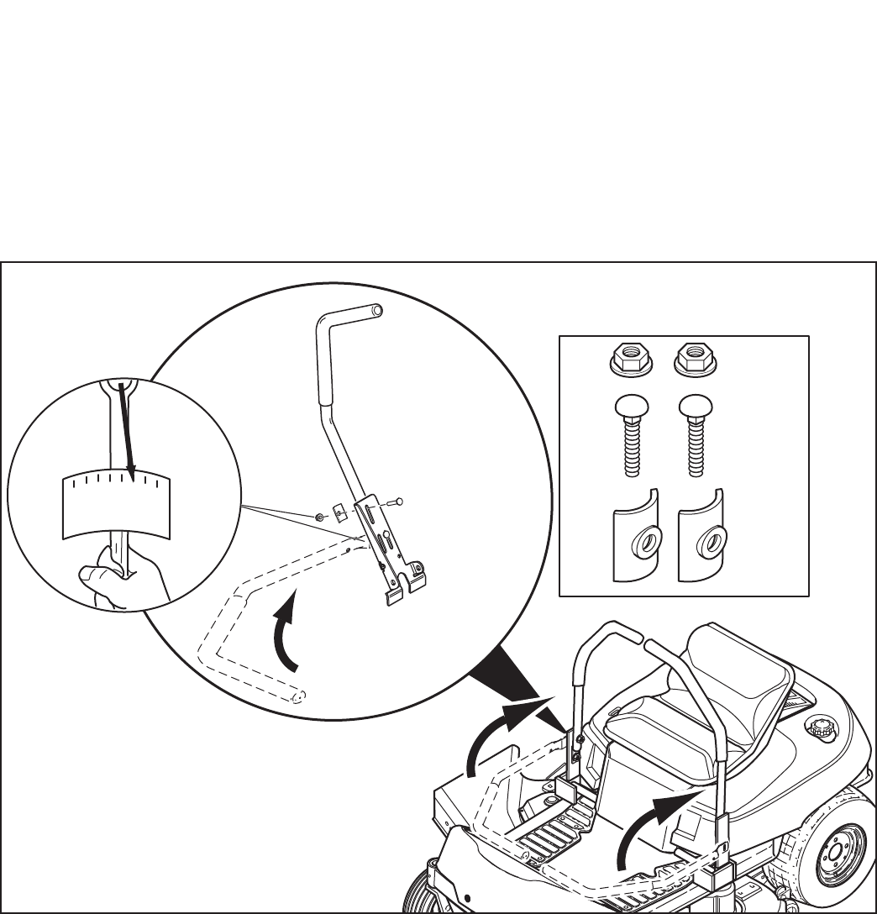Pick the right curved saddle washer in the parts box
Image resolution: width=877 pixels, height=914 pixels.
[x=703, y=538]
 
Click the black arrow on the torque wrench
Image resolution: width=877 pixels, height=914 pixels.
[x=127, y=428]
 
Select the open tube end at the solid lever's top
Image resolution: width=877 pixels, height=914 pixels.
[x=377, y=310]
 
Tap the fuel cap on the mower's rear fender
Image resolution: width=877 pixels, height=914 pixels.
[x=819, y=728]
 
